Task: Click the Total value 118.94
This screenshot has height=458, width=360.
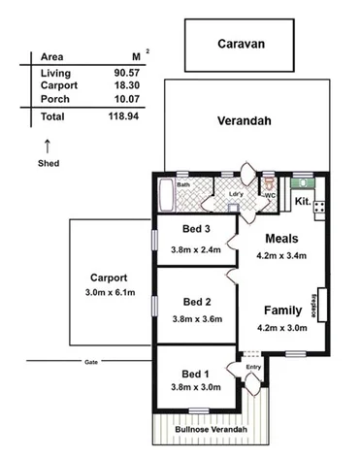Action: click(120, 115)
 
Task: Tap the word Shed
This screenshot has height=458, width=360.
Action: click(49, 163)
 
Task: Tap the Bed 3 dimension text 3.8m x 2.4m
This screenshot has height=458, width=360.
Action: click(196, 249)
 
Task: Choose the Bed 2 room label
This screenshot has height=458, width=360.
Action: click(196, 301)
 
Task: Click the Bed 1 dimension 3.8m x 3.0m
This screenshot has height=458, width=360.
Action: click(196, 387)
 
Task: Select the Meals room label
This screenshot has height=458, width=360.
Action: click(279, 239)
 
